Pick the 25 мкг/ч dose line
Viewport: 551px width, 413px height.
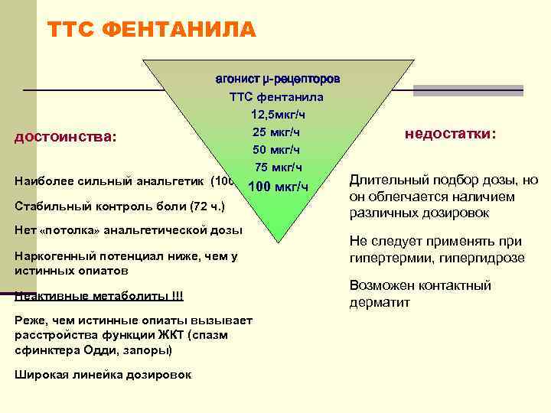point(276,132)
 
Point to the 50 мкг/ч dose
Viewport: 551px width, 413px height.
point(276,150)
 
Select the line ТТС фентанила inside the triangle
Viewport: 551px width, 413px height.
point(276,97)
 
